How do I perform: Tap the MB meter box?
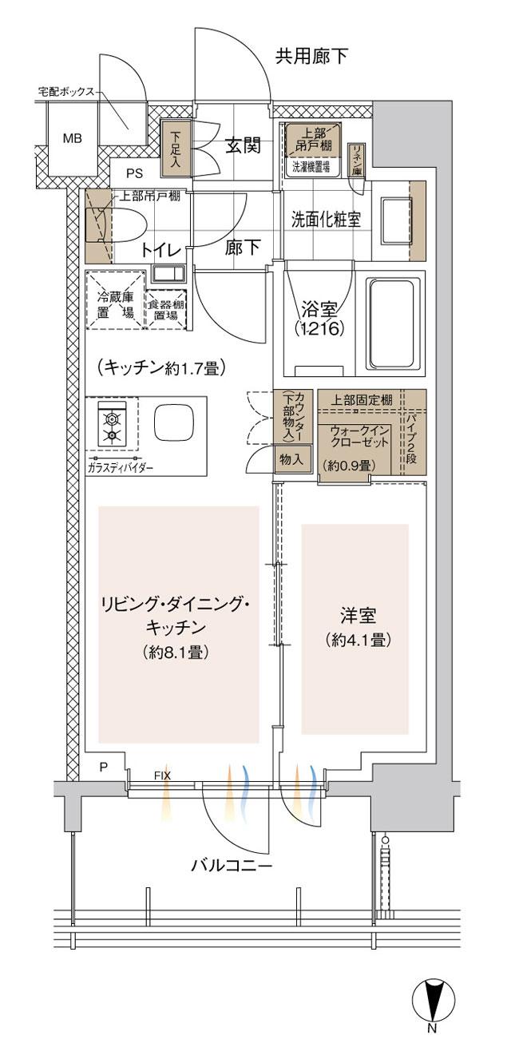coord(73,138)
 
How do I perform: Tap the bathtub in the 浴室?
coord(394,324)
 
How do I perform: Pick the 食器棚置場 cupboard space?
coord(168,304)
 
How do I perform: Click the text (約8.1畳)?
coord(176,652)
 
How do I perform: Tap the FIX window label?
coord(162,775)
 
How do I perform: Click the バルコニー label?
coord(232,866)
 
